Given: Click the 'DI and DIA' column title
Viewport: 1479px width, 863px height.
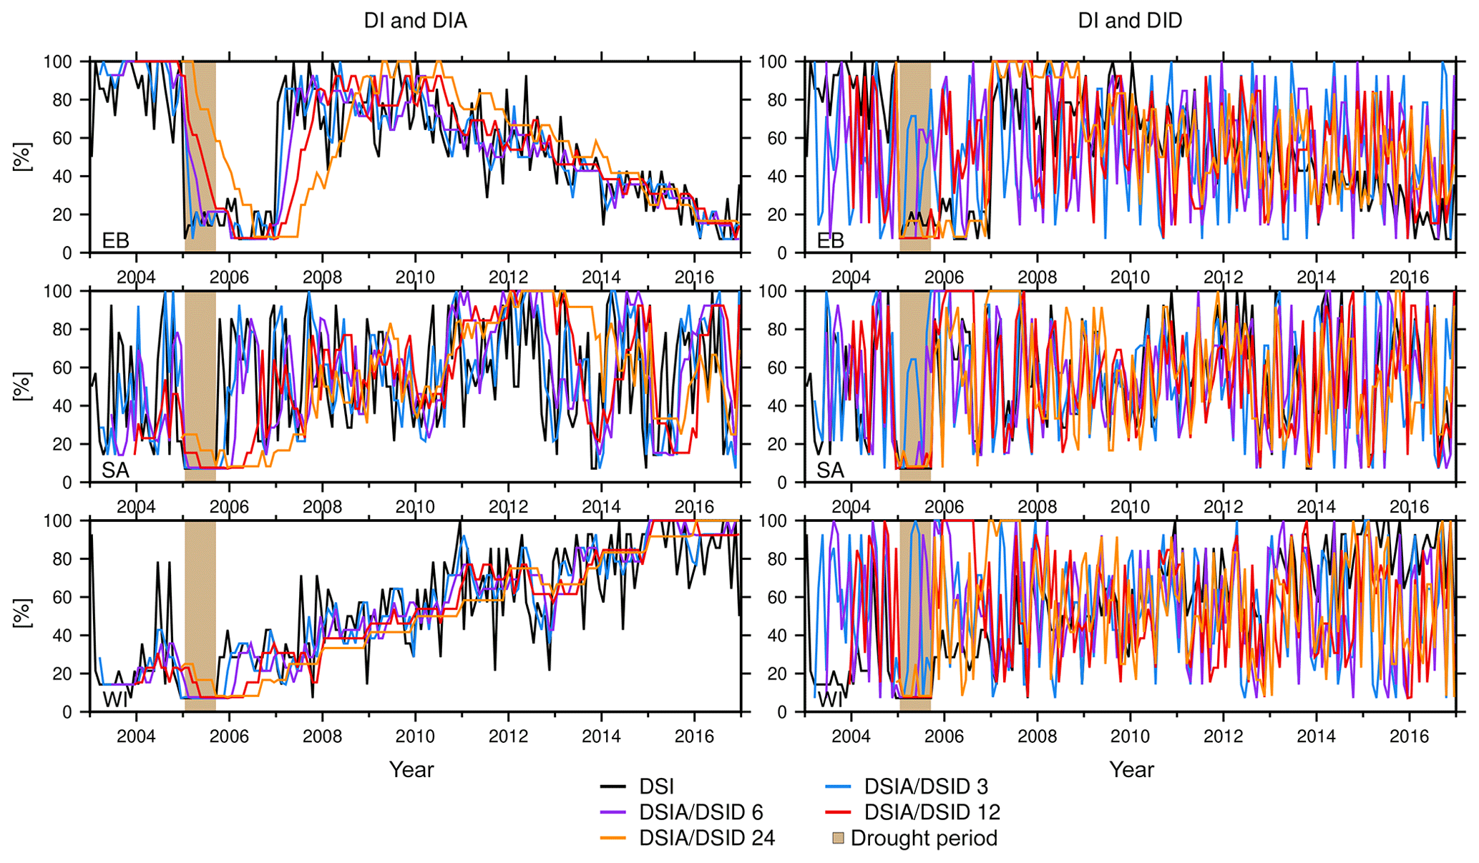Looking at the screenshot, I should click(415, 21).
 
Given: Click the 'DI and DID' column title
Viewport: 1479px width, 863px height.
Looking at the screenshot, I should click(1130, 21).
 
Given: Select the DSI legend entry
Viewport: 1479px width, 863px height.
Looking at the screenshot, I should click(656, 787).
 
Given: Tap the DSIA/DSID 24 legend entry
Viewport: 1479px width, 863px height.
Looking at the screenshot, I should click(707, 838).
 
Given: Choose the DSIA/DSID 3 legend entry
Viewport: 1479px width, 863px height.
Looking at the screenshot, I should click(926, 787).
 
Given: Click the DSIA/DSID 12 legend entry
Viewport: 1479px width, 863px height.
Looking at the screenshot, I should click(932, 812).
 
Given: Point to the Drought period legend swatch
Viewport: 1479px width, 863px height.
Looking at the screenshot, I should click(838, 838).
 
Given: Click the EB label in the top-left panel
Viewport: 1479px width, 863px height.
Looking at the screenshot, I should click(115, 240).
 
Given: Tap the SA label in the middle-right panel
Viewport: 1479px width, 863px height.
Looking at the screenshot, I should click(830, 470).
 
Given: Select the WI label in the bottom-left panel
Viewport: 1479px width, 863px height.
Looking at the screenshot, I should click(115, 699).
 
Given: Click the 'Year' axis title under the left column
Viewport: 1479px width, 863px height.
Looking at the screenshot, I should click(411, 769).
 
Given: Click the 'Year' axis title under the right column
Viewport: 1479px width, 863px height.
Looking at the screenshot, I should click(1131, 769).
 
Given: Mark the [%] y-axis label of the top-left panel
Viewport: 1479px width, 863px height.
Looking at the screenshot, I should click(22, 157).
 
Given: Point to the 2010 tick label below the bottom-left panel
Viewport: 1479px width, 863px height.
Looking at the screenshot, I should click(415, 736).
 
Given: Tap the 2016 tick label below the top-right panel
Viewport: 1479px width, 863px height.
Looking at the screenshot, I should click(1409, 277).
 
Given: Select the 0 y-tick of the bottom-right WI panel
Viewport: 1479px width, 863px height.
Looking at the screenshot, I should click(781, 712).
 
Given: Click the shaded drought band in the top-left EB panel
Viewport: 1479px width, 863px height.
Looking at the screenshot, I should click(200, 157).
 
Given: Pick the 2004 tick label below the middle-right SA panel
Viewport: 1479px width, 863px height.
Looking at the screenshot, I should click(851, 506).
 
